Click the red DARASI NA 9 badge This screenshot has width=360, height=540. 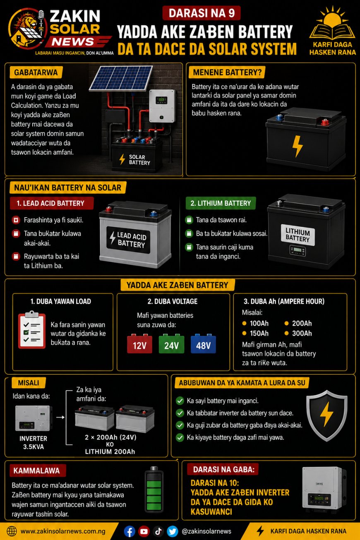click(202, 13)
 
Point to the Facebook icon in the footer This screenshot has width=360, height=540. click(130, 531)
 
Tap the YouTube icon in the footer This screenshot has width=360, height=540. click(144, 531)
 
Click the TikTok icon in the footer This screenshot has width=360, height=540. click(158, 531)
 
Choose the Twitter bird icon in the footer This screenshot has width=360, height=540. click(173, 531)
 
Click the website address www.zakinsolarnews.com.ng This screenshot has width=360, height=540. click(63, 531)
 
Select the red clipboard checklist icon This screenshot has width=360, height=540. click(32, 329)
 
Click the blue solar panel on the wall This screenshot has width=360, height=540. click(121, 78)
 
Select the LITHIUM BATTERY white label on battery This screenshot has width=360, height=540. click(298, 235)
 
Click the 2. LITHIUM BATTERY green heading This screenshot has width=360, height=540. click(221, 203)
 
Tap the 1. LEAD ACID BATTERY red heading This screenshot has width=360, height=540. click(52, 203)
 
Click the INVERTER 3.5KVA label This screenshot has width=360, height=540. click(33, 443)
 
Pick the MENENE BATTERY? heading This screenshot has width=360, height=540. click(227, 72)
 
